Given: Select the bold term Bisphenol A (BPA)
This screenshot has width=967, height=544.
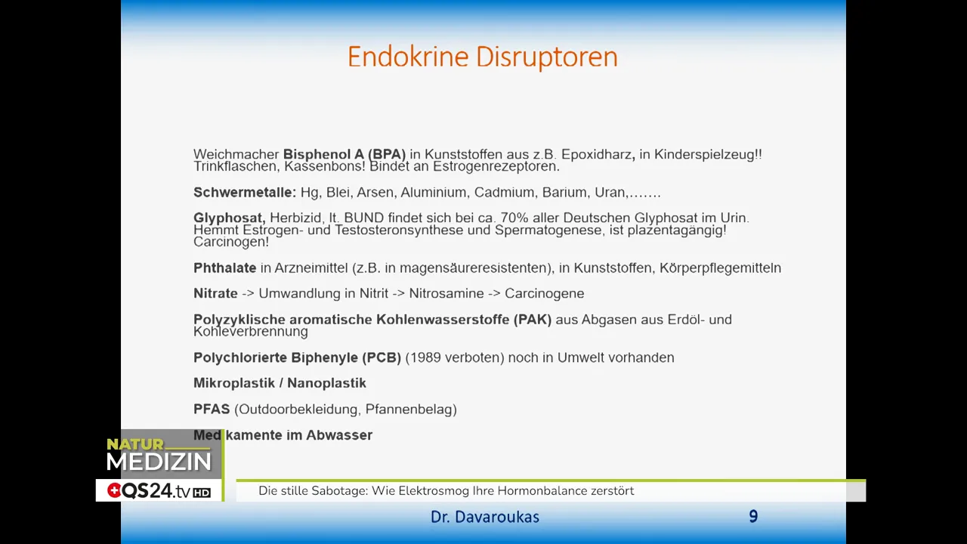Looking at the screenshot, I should point(344,155).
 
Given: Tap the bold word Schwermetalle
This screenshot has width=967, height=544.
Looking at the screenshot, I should point(244,193).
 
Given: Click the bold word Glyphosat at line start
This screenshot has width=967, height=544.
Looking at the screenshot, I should point(229,218).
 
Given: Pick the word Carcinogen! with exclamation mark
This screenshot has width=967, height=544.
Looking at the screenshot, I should point(231,243).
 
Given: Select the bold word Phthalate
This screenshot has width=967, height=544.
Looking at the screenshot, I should point(224,268).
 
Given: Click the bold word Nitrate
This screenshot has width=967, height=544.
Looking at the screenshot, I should point(215,294).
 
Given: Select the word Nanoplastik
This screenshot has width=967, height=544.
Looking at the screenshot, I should point(326,384).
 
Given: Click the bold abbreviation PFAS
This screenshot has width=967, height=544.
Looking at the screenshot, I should point(212,410).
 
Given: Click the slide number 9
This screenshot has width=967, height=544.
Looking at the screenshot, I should point(753,517).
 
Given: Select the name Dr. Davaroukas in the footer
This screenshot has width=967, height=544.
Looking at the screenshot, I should point(485,518).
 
